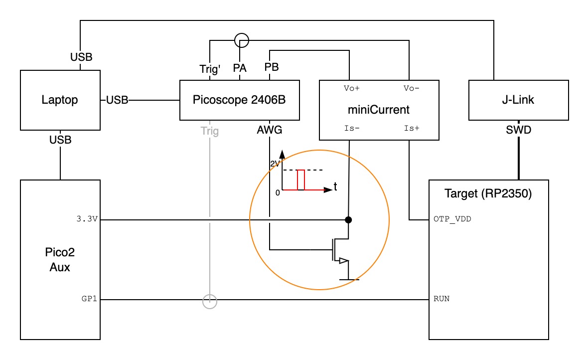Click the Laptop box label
(59, 100)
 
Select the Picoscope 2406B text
(239, 100)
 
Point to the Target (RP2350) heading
(489, 193)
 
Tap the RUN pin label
(441, 300)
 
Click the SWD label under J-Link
(519, 131)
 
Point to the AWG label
(270, 131)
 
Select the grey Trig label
(210, 131)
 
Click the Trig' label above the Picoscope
(210, 69)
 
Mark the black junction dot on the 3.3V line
(349, 219)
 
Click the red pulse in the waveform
(300, 180)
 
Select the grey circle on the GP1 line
(210, 301)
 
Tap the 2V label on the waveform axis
(275, 163)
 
